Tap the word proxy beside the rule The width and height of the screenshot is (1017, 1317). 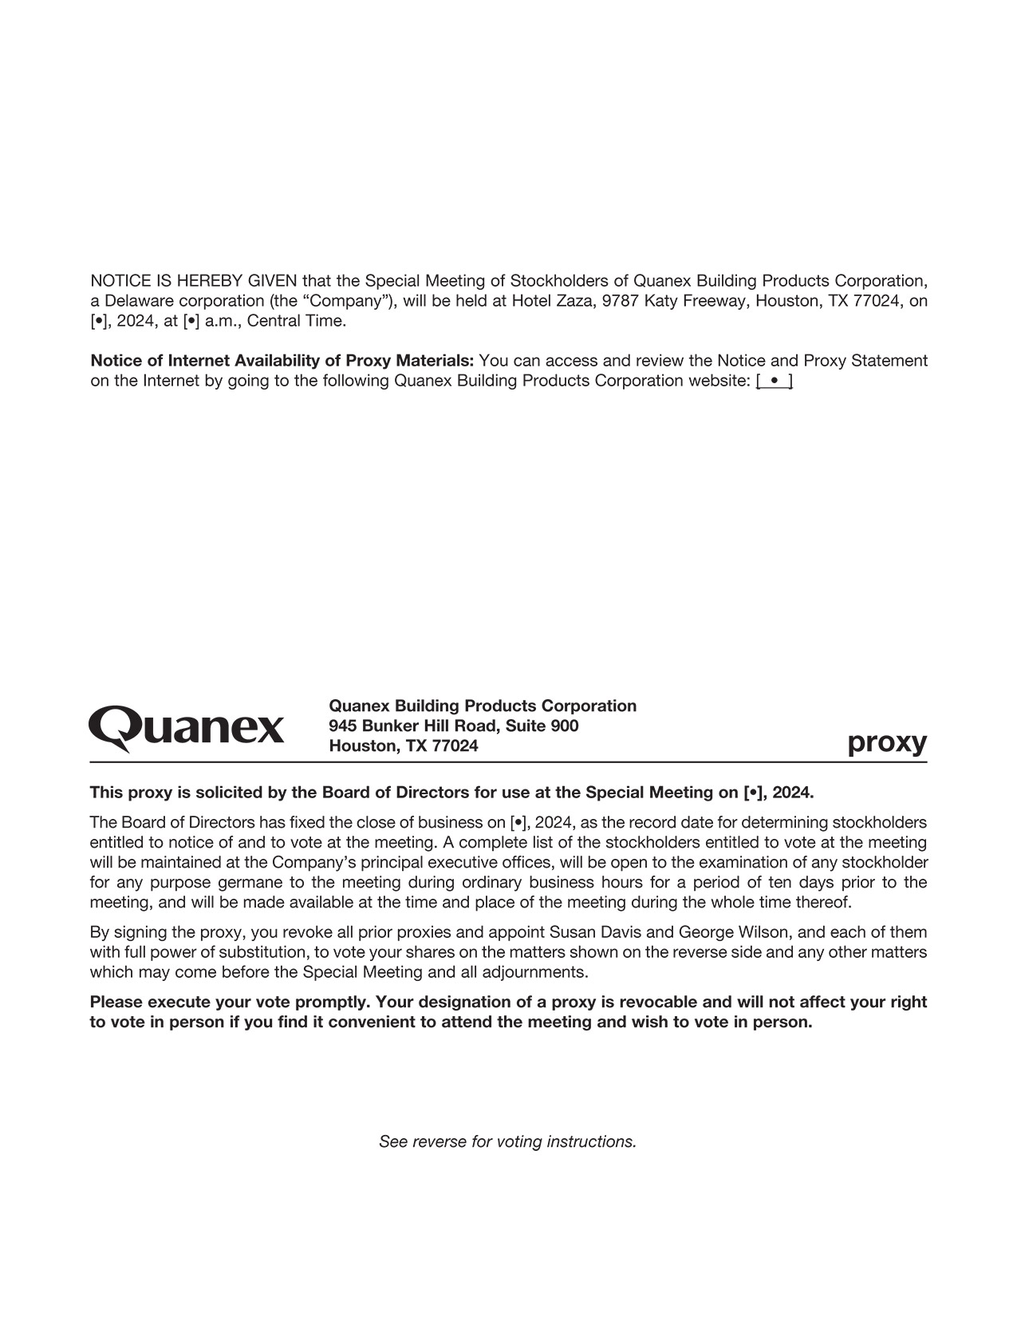coord(887,742)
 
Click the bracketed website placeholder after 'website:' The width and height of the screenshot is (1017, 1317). coord(774,381)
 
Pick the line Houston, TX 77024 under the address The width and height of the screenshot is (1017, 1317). coord(404,746)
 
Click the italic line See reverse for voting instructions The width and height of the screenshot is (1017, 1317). coord(507,1141)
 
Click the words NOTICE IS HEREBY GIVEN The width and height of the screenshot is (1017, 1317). coord(194,281)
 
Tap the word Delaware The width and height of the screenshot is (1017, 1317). coord(140,301)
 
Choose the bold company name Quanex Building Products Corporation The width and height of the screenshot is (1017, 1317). coord(483,706)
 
